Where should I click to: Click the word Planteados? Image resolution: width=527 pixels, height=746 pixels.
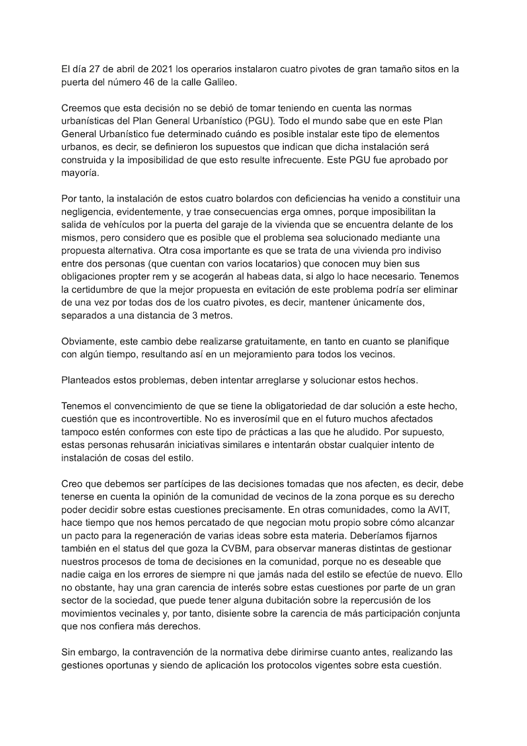(87, 380)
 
